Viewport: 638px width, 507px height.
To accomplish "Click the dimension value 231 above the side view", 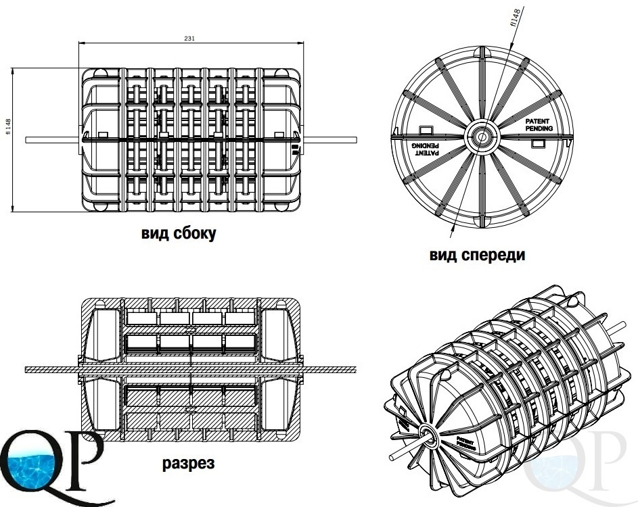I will (190, 39).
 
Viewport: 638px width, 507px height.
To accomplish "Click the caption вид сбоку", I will (179, 234).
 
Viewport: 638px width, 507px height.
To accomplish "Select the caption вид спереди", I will (477, 256).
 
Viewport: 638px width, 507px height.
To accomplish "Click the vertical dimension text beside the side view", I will (8, 126).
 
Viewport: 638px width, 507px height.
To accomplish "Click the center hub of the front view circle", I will (480, 136).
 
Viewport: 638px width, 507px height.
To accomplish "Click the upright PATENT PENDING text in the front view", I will (539, 124).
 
